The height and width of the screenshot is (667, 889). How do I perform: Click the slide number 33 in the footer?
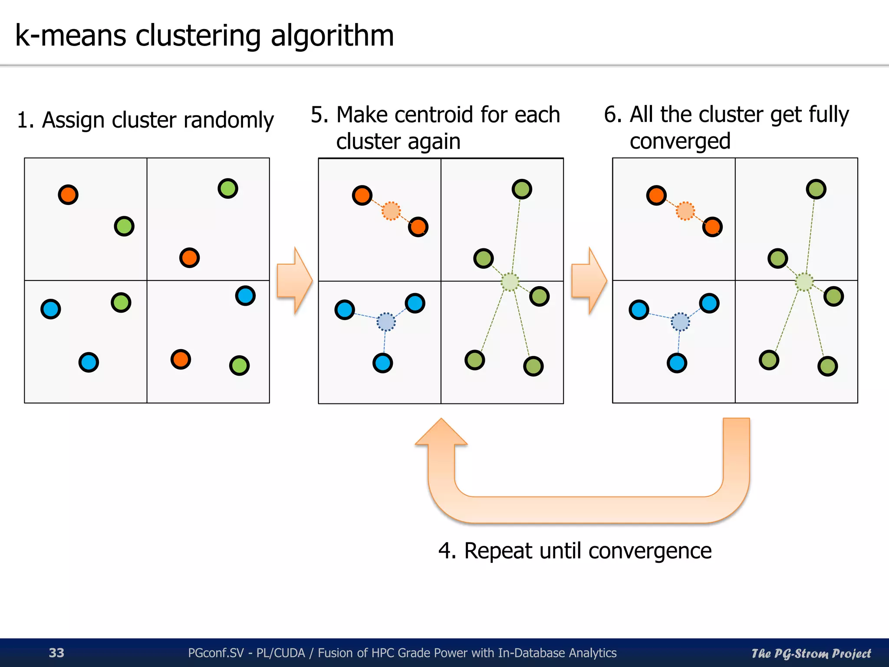tap(56, 653)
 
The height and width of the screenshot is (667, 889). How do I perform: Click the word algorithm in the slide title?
tap(332, 36)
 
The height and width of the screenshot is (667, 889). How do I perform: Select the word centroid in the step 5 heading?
tap(434, 115)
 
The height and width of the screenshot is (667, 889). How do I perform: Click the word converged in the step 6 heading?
tap(680, 142)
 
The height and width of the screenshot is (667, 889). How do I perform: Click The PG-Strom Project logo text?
tap(811, 653)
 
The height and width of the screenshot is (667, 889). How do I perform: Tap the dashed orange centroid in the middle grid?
tap(391, 211)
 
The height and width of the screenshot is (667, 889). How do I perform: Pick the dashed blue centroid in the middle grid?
tap(386, 322)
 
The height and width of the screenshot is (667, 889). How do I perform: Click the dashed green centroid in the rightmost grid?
tap(804, 282)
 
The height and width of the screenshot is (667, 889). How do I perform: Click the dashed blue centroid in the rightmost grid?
tap(680, 322)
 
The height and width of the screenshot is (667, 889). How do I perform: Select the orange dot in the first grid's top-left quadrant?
tap(68, 195)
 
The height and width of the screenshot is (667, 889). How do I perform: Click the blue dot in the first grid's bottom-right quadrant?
tap(245, 296)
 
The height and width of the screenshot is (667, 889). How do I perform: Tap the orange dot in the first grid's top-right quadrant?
tap(189, 258)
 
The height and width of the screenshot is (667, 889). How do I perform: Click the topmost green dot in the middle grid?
tap(522, 189)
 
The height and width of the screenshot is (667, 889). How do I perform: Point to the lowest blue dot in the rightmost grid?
tap(677, 363)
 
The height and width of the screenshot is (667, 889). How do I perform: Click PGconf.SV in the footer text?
tap(215, 653)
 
